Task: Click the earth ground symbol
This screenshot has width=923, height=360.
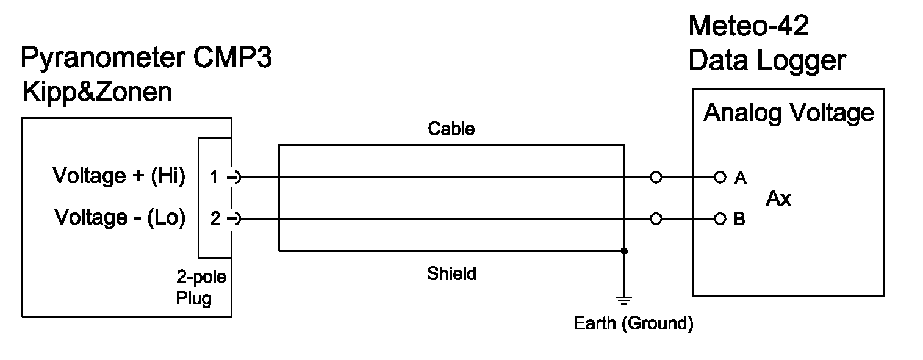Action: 623,300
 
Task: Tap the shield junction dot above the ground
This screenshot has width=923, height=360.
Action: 623,251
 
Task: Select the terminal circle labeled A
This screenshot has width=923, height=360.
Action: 720,178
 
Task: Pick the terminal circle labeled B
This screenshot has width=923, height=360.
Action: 720,218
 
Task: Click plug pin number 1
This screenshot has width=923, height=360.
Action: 214,178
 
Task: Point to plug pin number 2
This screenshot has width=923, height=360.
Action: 215,218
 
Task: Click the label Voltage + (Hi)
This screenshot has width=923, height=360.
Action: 119,176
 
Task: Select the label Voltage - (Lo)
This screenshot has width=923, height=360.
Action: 120,217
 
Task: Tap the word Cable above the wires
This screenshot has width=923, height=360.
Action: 451,129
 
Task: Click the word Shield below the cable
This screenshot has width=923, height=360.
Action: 451,274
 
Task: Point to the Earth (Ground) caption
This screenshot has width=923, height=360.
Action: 633,323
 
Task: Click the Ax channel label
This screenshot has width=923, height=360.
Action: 778,199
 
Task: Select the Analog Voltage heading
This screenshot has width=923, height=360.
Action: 788,113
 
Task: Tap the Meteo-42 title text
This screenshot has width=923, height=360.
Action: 749,27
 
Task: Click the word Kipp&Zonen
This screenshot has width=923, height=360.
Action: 96,93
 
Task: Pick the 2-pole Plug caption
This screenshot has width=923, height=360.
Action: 201,288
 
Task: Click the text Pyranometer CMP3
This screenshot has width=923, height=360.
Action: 146,59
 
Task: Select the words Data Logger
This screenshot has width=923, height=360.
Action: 767,60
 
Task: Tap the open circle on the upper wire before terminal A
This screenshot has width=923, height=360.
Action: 656,178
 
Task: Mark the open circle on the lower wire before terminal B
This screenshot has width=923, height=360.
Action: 656,218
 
